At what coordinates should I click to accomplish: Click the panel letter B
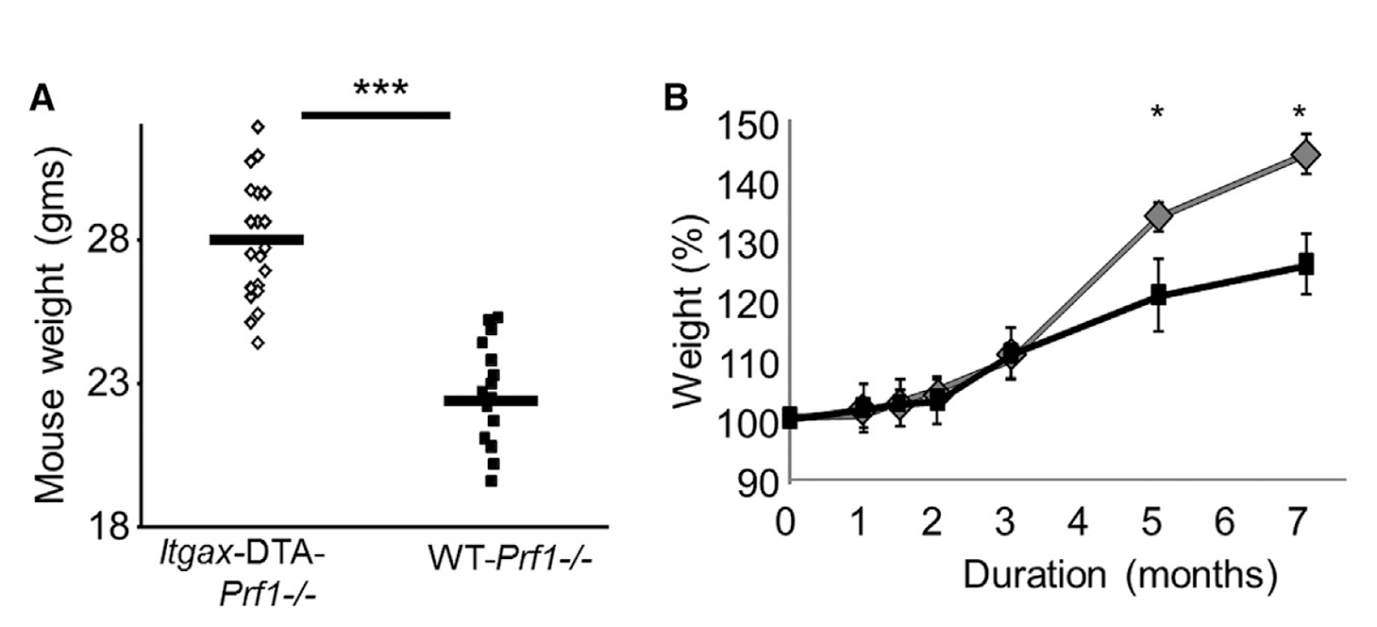click(676, 97)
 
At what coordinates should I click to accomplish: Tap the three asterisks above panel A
click(380, 89)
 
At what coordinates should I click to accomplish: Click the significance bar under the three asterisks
click(375, 115)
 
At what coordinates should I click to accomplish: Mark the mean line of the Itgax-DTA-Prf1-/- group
click(256, 239)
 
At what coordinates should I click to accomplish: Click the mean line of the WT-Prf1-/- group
click(491, 400)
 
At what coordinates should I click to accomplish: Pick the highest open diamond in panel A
click(257, 127)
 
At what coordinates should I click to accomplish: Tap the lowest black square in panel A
click(491, 481)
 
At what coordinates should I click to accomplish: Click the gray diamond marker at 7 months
click(1306, 155)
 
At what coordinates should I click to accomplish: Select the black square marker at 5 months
click(1158, 295)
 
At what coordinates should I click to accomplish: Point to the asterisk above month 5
click(1158, 113)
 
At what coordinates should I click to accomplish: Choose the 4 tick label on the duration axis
click(1078, 522)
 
